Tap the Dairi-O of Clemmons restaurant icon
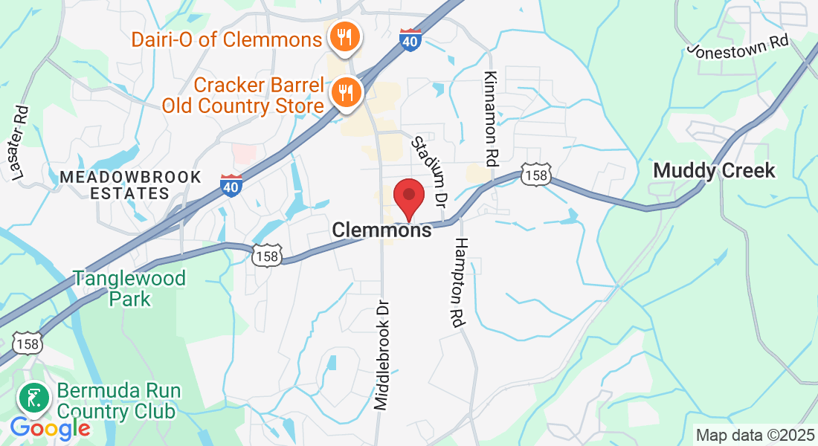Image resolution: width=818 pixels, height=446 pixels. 344,36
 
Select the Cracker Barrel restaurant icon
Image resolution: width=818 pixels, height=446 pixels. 345,93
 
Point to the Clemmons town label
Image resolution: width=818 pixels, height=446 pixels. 381,230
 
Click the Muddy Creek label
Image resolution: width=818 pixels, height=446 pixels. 714,171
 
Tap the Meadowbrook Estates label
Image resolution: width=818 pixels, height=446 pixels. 131,185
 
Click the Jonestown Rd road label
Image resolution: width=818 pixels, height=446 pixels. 738,47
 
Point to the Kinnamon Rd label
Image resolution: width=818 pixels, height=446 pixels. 490,118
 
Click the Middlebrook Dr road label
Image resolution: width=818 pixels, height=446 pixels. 381,355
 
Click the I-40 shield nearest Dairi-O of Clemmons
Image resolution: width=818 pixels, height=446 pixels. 410,39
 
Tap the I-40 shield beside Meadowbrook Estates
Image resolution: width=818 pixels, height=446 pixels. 231,184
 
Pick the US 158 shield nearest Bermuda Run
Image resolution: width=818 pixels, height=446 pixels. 28,343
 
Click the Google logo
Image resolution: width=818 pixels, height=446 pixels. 50,428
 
